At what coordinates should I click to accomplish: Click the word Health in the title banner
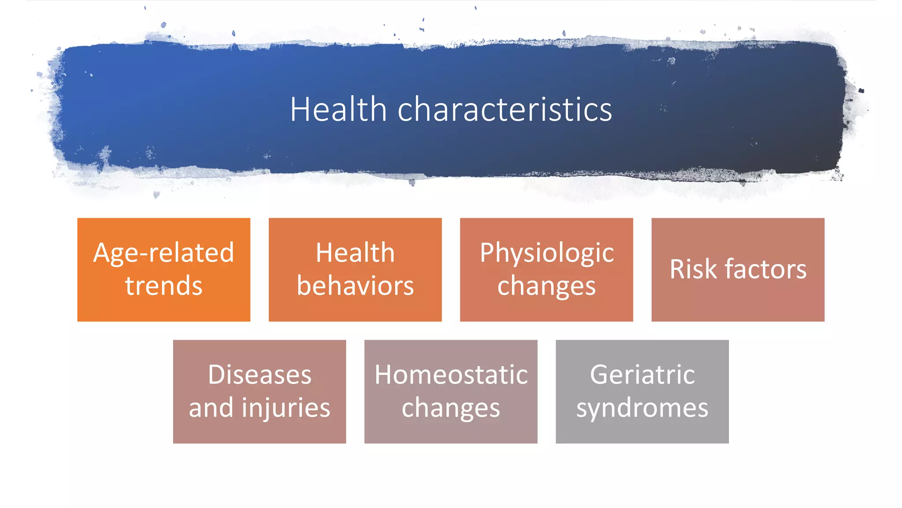coord(338,109)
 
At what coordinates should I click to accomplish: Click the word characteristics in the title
coord(505,109)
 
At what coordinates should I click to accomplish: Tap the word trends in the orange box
coord(163,286)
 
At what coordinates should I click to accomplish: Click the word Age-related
coord(163,253)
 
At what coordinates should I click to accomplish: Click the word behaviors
coord(355,286)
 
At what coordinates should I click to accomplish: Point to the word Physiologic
coord(547,253)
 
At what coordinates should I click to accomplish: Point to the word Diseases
coord(259,375)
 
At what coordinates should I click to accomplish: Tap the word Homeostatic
coord(451,375)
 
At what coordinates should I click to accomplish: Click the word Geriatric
coord(642,375)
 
